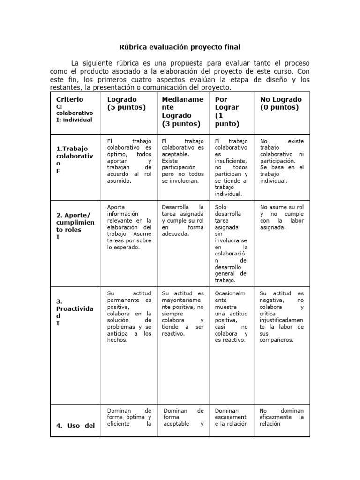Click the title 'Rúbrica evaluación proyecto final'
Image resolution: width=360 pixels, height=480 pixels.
(180, 47)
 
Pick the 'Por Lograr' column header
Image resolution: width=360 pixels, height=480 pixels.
(227, 103)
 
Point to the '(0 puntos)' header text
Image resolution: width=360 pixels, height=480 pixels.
(279, 107)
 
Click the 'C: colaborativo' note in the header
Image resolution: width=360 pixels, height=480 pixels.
(75, 110)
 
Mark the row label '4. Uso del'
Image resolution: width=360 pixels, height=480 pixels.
(75, 426)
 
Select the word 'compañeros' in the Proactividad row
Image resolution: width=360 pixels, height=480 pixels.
(277, 340)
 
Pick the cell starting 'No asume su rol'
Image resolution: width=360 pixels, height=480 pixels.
(282, 217)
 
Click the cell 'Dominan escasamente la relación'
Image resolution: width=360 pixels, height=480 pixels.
(231, 417)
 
